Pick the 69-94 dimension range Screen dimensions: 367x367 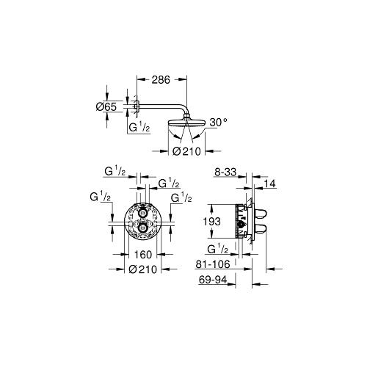(x=219, y=280)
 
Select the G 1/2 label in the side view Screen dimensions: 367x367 (x=218, y=249)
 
